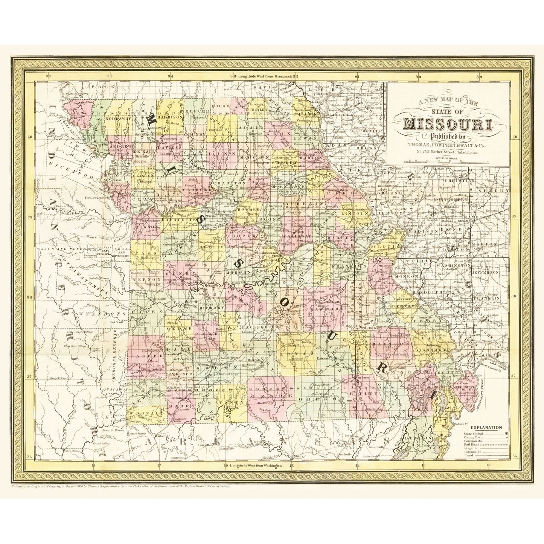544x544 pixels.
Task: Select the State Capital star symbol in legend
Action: tap(507, 433)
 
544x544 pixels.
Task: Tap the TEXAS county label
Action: tap(297, 355)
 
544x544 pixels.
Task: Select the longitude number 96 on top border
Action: tap(48, 76)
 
